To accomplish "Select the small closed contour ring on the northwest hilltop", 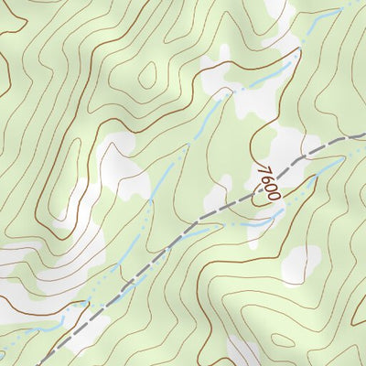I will pos(147,78).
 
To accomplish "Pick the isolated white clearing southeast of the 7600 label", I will pos(301,264).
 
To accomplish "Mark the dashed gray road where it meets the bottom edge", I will pos(44,363).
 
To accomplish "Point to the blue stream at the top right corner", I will pos(352,5).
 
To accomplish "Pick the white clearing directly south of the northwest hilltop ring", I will pos(119,165).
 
